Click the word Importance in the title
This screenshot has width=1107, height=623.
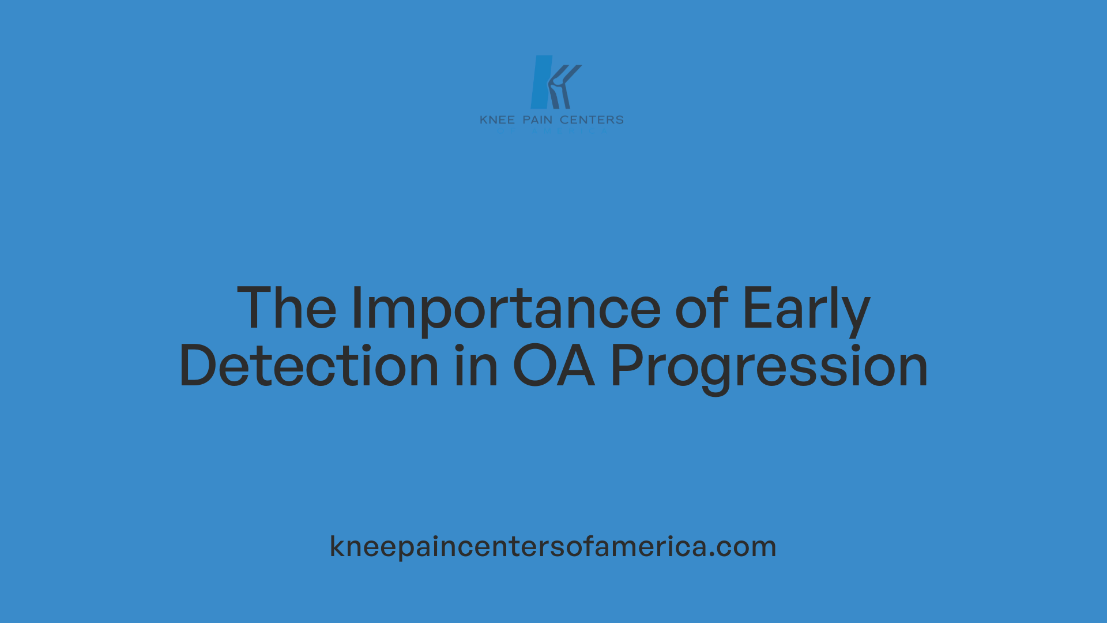[x=506, y=309]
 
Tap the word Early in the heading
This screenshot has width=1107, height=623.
[x=805, y=309]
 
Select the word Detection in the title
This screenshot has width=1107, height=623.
[x=309, y=366]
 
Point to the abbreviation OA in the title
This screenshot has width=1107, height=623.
[x=553, y=366]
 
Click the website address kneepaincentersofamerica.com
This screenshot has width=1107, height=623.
[x=553, y=546]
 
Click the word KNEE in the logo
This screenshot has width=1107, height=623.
[x=497, y=120]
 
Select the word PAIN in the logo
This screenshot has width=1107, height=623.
[x=537, y=120]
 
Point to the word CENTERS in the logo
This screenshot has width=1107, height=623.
[x=592, y=120]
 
